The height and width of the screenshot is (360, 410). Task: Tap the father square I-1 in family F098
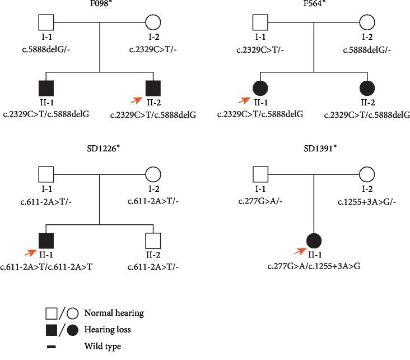click(46, 23)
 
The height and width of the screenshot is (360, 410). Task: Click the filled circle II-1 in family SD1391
click(313, 241)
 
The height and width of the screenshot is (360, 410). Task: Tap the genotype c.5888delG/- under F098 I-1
click(45, 51)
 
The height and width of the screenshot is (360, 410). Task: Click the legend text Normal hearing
click(114, 313)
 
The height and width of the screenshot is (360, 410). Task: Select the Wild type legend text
click(102, 347)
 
